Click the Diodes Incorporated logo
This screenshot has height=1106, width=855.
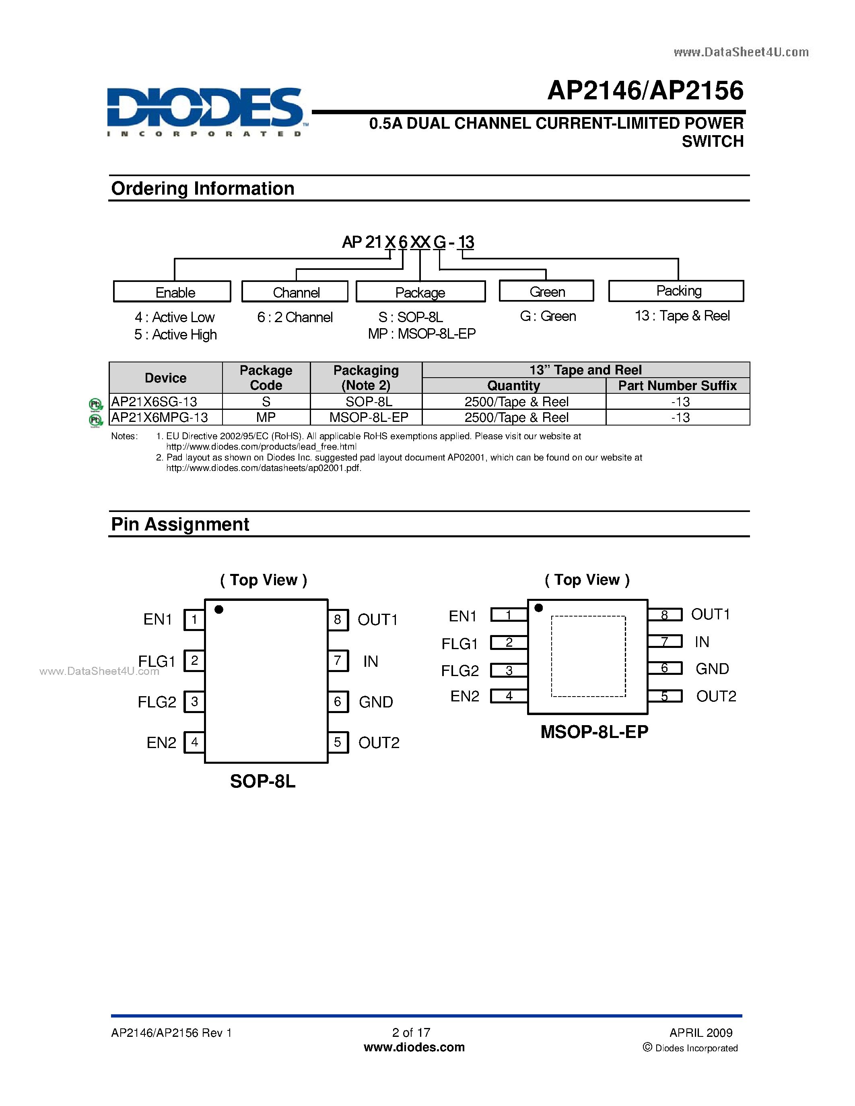[x=205, y=111]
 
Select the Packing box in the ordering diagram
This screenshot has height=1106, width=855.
[x=676, y=291]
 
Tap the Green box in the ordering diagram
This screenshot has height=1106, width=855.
[x=546, y=292]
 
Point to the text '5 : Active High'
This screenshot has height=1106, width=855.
[x=175, y=335]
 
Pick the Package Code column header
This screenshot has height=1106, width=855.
[x=266, y=378]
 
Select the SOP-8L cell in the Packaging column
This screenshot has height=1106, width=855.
[x=368, y=402]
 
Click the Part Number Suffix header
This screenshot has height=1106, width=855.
[x=677, y=385]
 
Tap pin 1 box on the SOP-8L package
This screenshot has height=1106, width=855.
[x=194, y=620]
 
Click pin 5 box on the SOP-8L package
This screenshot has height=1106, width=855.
[x=338, y=742]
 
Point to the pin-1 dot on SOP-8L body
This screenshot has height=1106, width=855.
[x=219, y=609]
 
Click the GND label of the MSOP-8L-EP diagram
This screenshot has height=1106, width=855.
[x=712, y=669]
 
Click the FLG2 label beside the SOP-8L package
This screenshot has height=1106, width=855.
[x=157, y=702]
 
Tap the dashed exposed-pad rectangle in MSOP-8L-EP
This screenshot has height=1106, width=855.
[x=589, y=656]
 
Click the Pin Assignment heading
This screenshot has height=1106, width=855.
[x=180, y=524]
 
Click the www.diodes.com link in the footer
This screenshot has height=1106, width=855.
[x=414, y=1047]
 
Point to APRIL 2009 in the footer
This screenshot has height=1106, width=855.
[x=700, y=1032]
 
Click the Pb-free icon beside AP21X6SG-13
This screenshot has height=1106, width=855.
[x=95, y=404]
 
